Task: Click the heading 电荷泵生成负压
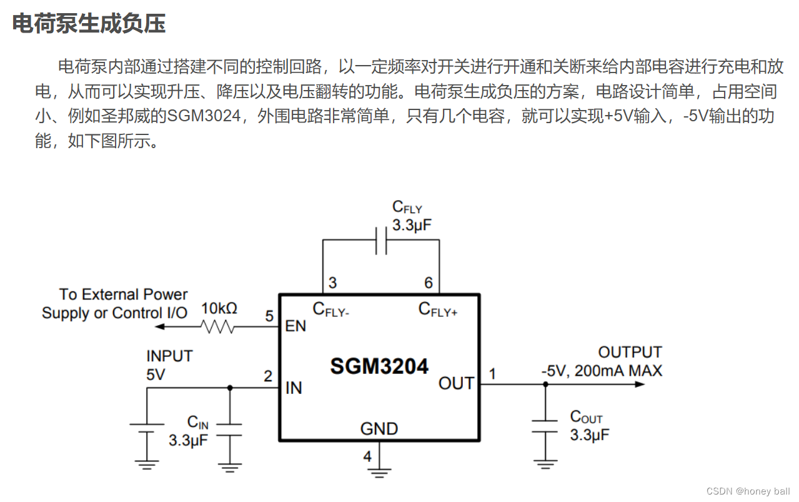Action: pos(89,24)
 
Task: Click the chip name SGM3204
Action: pos(379,366)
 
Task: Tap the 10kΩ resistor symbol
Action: pos(217,326)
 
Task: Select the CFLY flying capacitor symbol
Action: pos(381,241)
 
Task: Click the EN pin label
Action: pos(295,326)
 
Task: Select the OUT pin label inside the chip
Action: pos(456,383)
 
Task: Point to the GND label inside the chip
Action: pos(379,429)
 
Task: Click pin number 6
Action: pos(429,283)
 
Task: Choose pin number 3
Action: pos(332,283)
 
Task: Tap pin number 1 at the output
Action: pos(492,374)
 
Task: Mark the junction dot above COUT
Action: pos(545,384)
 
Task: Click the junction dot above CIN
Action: pos(230,388)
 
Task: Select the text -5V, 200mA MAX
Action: pos(601,371)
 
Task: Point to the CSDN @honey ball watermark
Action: pos(748,491)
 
